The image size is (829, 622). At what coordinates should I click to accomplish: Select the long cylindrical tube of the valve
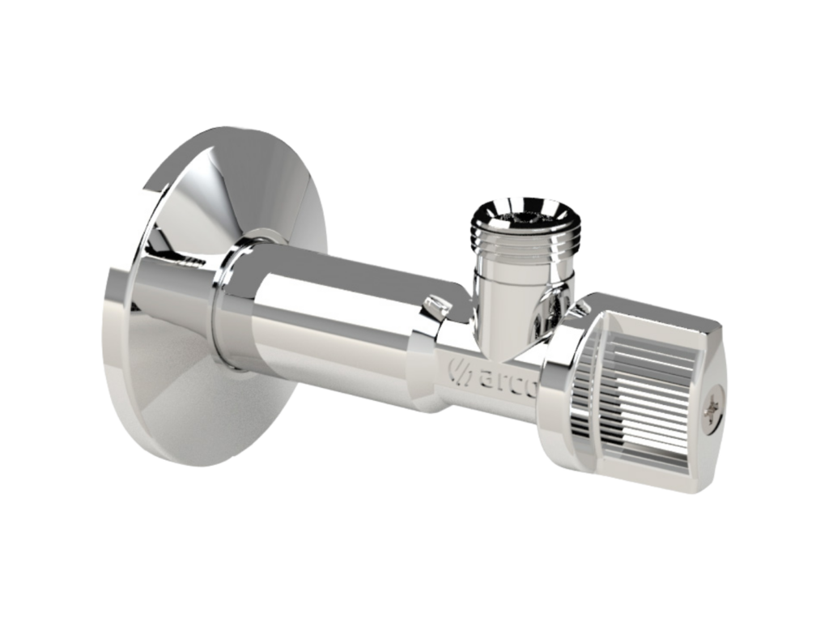tap(324, 324)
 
